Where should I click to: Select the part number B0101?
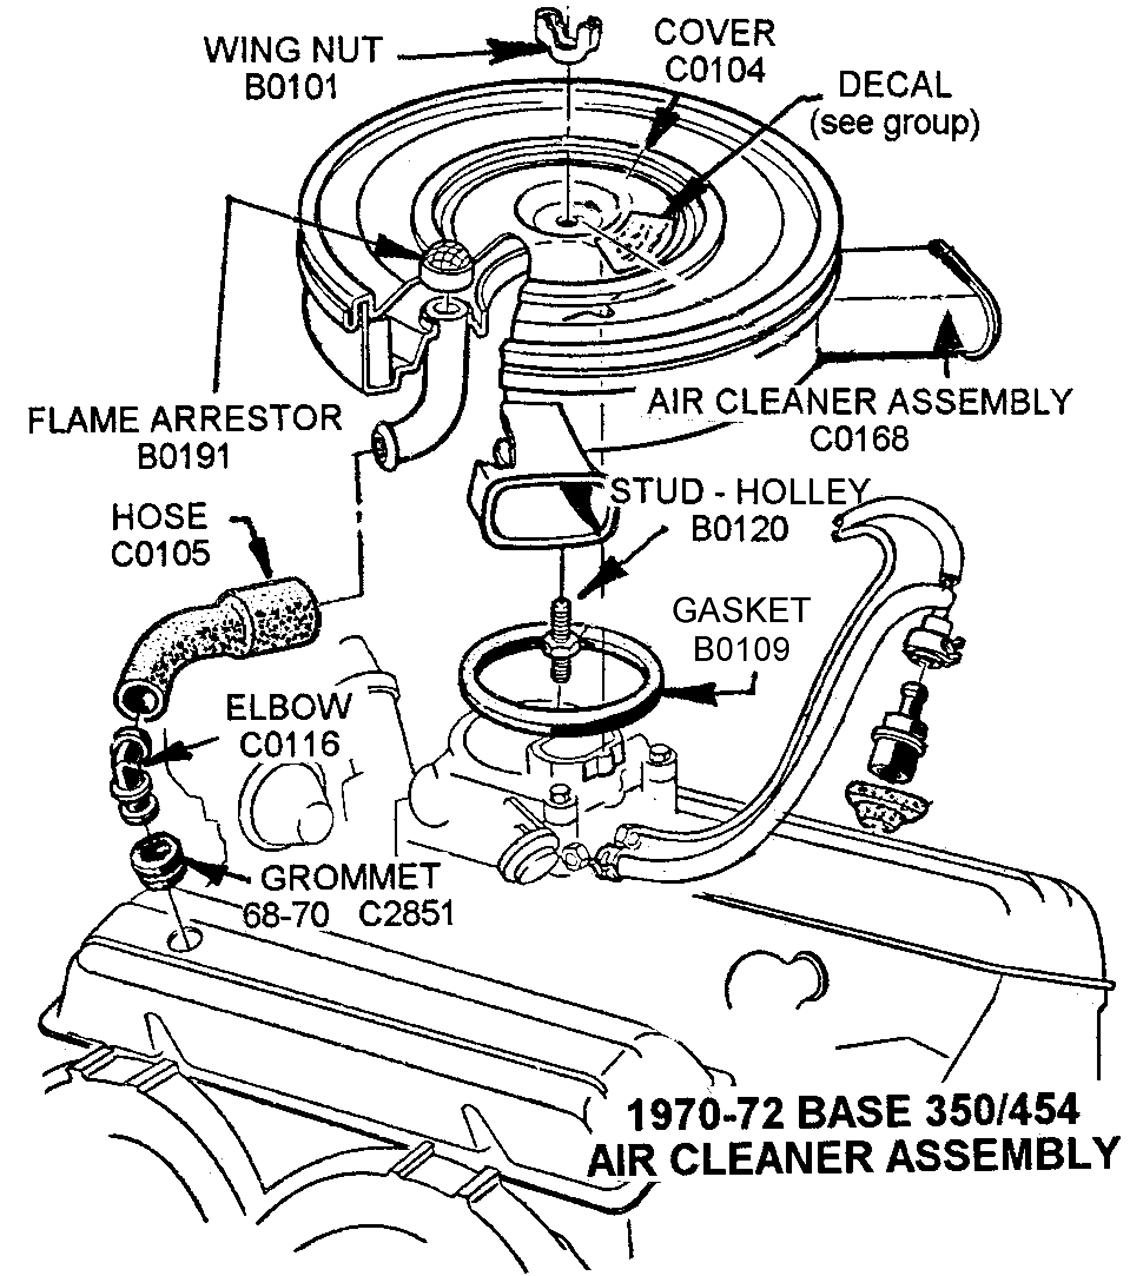point(291,87)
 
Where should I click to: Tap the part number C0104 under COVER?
point(715,70)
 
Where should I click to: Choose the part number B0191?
point(184,457)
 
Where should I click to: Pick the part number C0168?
point(859,438)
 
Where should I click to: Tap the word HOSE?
point(159,517)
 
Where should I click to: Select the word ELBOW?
point(289,706)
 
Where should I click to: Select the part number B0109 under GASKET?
point(741,649)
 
